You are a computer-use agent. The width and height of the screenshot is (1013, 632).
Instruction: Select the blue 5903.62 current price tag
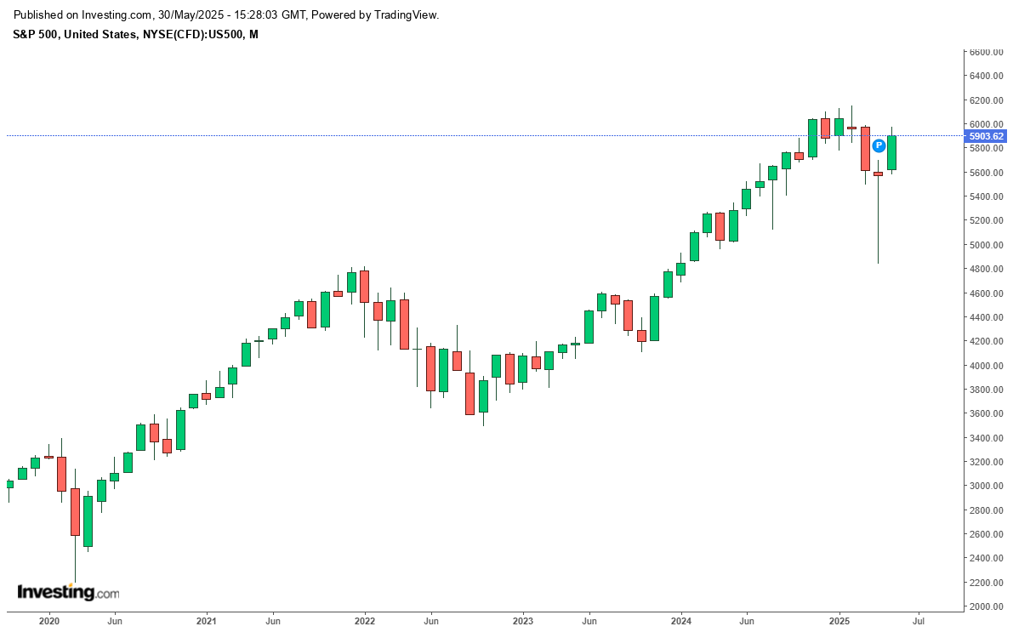987,136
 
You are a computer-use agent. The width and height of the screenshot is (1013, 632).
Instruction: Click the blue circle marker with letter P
879,145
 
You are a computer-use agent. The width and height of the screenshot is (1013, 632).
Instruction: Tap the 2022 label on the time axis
365,622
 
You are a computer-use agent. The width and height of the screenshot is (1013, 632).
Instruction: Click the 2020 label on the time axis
49,622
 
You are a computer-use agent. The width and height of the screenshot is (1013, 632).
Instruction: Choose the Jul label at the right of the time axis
919,622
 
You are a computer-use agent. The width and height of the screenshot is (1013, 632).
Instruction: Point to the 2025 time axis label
839,622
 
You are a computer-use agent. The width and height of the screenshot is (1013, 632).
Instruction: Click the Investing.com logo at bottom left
68,592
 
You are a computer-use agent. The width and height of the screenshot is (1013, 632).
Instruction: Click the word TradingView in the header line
407,15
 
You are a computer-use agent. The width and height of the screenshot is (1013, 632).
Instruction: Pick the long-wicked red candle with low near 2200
75,511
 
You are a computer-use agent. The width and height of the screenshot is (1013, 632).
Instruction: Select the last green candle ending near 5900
892,153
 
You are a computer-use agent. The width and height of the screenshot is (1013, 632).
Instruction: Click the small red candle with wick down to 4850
879,174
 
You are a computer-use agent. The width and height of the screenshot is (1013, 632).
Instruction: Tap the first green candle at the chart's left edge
9,484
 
